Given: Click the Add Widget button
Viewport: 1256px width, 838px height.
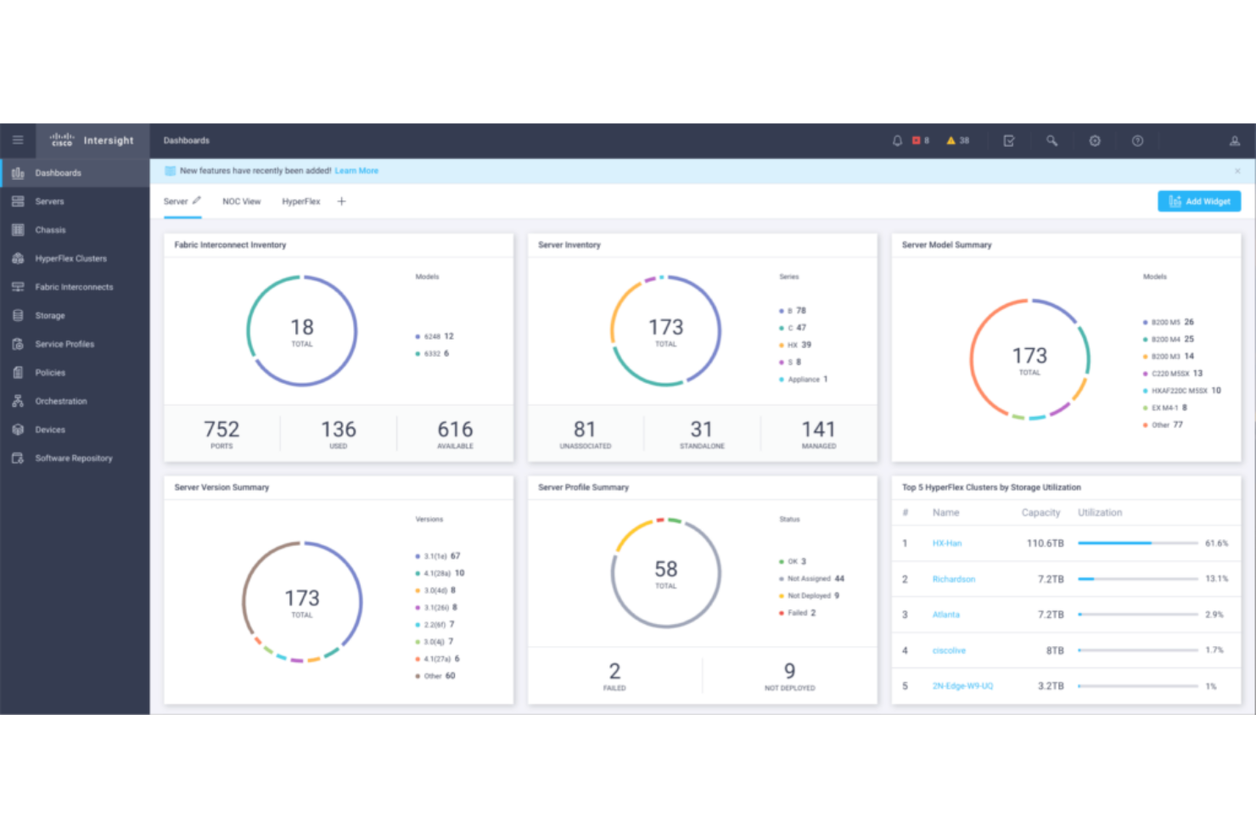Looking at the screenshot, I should (x=1198, y=201).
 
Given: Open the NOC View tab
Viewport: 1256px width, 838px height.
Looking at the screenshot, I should (x=241, y=202).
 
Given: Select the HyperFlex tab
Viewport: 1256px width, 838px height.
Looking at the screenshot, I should (x=300, y=202).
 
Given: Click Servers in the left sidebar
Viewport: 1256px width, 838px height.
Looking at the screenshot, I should (x=49, y=202).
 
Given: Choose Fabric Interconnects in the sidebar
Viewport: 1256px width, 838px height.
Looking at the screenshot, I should (x=74, y=287).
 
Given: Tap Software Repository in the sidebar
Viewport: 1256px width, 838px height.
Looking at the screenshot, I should (x=74, y=458).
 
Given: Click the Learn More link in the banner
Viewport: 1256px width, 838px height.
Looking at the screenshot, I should (x=356, y=171).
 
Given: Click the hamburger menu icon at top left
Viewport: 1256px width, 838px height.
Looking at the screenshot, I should (x=18, y=140).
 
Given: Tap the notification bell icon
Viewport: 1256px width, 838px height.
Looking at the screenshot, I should (x=897, y=141).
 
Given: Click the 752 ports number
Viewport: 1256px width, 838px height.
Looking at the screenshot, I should (x=221, y=430).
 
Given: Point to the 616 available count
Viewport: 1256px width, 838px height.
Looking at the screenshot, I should (x=455, y=430).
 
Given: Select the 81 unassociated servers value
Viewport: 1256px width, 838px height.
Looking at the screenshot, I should (x=585, y=430).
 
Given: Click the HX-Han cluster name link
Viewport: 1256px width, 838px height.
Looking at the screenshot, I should (x=947, y=543).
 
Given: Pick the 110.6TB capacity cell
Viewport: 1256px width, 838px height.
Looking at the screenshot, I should (x=1045, y=543).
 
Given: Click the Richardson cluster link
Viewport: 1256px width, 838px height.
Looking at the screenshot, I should (x=954, y=579).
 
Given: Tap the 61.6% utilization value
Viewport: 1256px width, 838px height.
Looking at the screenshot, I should (x=1216, y=543).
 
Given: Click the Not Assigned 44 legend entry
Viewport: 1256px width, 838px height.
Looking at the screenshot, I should (x=815, y=579).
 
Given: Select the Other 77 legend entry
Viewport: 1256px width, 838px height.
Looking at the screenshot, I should (x=1167, y=425).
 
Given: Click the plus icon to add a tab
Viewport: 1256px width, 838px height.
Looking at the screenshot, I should (x=341, y=202).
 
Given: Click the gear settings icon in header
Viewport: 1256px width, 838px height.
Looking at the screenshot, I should (x=1095, y=141).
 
